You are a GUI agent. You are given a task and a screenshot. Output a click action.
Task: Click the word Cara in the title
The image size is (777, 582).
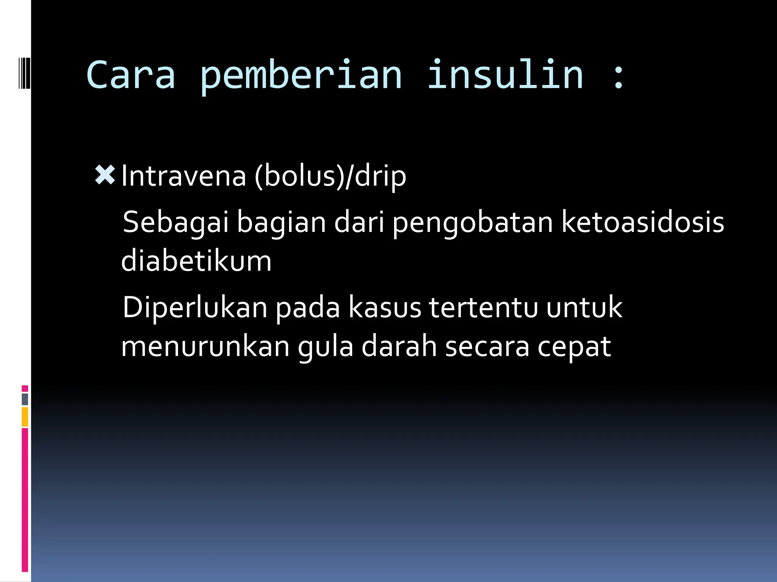pyautogui.click(x=131, y=76)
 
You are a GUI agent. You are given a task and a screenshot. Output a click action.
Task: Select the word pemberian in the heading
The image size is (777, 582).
pyautogui.click(x=300, y=76)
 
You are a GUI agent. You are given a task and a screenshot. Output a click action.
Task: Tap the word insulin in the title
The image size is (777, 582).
pyautogui.click(x=505, y=76)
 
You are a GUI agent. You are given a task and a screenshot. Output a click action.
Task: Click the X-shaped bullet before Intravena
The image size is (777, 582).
pyautogui.click(x=105, y=175)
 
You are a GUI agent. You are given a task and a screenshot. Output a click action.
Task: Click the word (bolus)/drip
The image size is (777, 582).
pyautogui.click(x=330, y=176)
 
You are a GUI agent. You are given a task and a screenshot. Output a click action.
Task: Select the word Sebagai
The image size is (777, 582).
pyautogui.click(x=175, y=223)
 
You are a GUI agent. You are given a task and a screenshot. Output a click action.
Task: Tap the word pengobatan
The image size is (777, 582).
pyautogui.click(x=472, y=223)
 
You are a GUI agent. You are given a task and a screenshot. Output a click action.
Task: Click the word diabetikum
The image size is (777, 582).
pyautogui.click(x=196, y=261)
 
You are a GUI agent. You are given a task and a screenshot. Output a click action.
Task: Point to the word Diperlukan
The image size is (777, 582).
pyautogui.click(x=195, y=308)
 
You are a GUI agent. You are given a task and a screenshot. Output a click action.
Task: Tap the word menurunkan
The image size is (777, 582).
pyautogui.click(x=205, y=347)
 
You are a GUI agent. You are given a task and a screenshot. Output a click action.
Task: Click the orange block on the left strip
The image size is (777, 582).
pyautogui.click(x=25, y=417)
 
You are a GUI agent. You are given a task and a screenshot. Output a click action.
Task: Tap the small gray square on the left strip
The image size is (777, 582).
pyautogui.click(x=25, y=399)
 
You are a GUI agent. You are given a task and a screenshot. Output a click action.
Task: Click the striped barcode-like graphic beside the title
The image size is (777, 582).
pyautogui.click(x=24, y=72)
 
